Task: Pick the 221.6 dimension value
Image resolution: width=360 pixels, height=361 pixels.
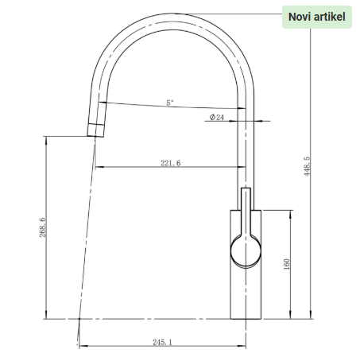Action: click(x=170, y=163)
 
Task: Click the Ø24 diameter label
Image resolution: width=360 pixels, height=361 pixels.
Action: click(x=217, y=117)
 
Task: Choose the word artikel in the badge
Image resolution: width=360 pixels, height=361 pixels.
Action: click(x=331, y=17)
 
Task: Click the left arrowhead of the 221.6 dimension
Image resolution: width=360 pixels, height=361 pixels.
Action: click(x=97, y=167)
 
